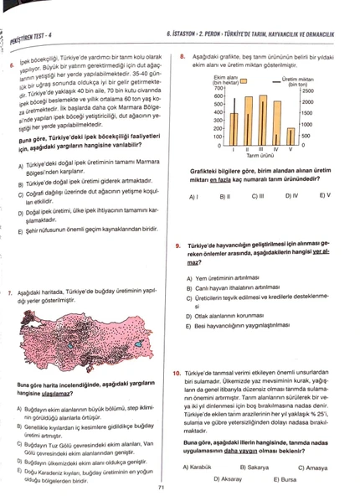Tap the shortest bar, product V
coord(291,137)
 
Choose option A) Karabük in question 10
coord(207,467)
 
